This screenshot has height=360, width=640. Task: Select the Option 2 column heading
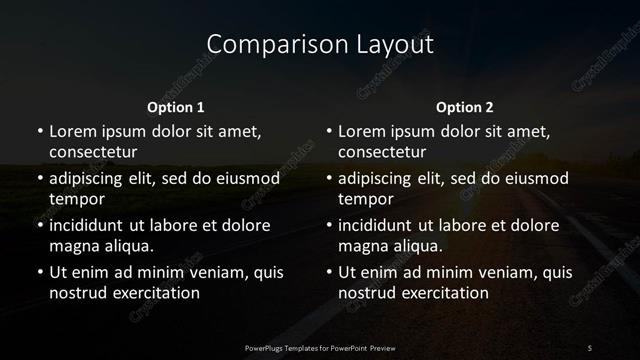[x=465, y=107]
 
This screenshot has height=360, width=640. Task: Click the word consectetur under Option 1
[x=93, y=153]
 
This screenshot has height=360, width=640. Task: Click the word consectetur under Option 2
[x=383, y=153]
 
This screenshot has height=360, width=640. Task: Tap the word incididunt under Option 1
[x=93, y=225]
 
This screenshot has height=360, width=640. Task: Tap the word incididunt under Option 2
[x=383, y=225]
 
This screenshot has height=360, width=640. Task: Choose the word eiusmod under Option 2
[x=537, y=179]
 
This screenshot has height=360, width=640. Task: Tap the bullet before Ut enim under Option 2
[x=328, y=272]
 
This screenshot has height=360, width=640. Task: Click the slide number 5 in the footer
[x=590, y=347]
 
